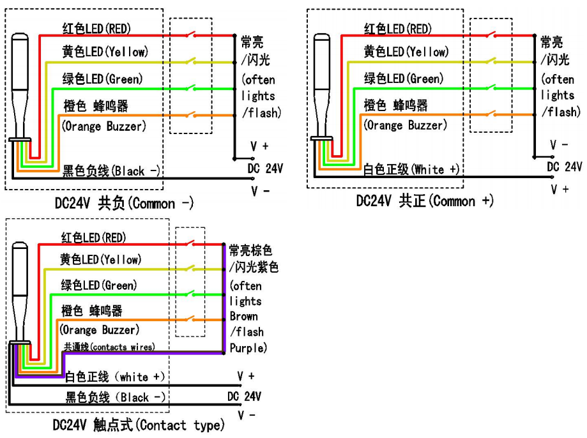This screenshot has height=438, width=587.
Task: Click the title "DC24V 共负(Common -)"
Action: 124,204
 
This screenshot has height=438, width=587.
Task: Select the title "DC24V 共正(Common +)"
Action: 425,201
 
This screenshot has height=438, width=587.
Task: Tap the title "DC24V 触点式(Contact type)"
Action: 139,425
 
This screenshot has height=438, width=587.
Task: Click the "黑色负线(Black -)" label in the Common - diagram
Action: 111,171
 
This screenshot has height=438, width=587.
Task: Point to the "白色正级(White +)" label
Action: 413,170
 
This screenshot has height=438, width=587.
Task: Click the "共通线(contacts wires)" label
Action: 109,347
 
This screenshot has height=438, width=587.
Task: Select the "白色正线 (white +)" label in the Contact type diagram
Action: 115,376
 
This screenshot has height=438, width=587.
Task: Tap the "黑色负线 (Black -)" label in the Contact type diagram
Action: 116,398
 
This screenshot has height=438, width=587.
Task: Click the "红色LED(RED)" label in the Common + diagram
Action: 397,29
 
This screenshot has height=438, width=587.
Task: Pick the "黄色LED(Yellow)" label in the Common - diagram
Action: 104,52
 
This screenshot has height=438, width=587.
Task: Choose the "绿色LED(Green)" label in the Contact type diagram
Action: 99,285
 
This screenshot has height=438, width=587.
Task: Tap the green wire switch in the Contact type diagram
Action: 190,294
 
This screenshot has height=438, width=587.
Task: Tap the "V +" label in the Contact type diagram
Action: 245,377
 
